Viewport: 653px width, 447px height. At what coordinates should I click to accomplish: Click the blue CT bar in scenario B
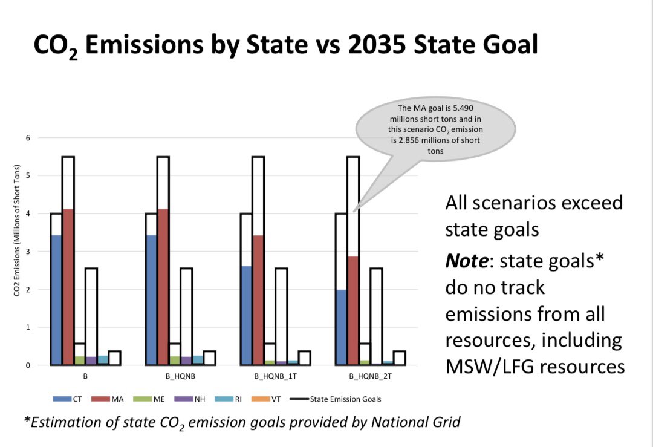pos(56,299)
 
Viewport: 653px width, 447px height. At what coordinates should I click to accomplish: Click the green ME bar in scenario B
pos(79,361)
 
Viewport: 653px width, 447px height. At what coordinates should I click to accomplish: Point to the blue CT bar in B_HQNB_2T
pos(341,327)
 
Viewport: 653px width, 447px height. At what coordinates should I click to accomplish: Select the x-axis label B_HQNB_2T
pos(370,376)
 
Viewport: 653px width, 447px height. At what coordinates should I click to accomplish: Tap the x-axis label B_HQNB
pos(180,376)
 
